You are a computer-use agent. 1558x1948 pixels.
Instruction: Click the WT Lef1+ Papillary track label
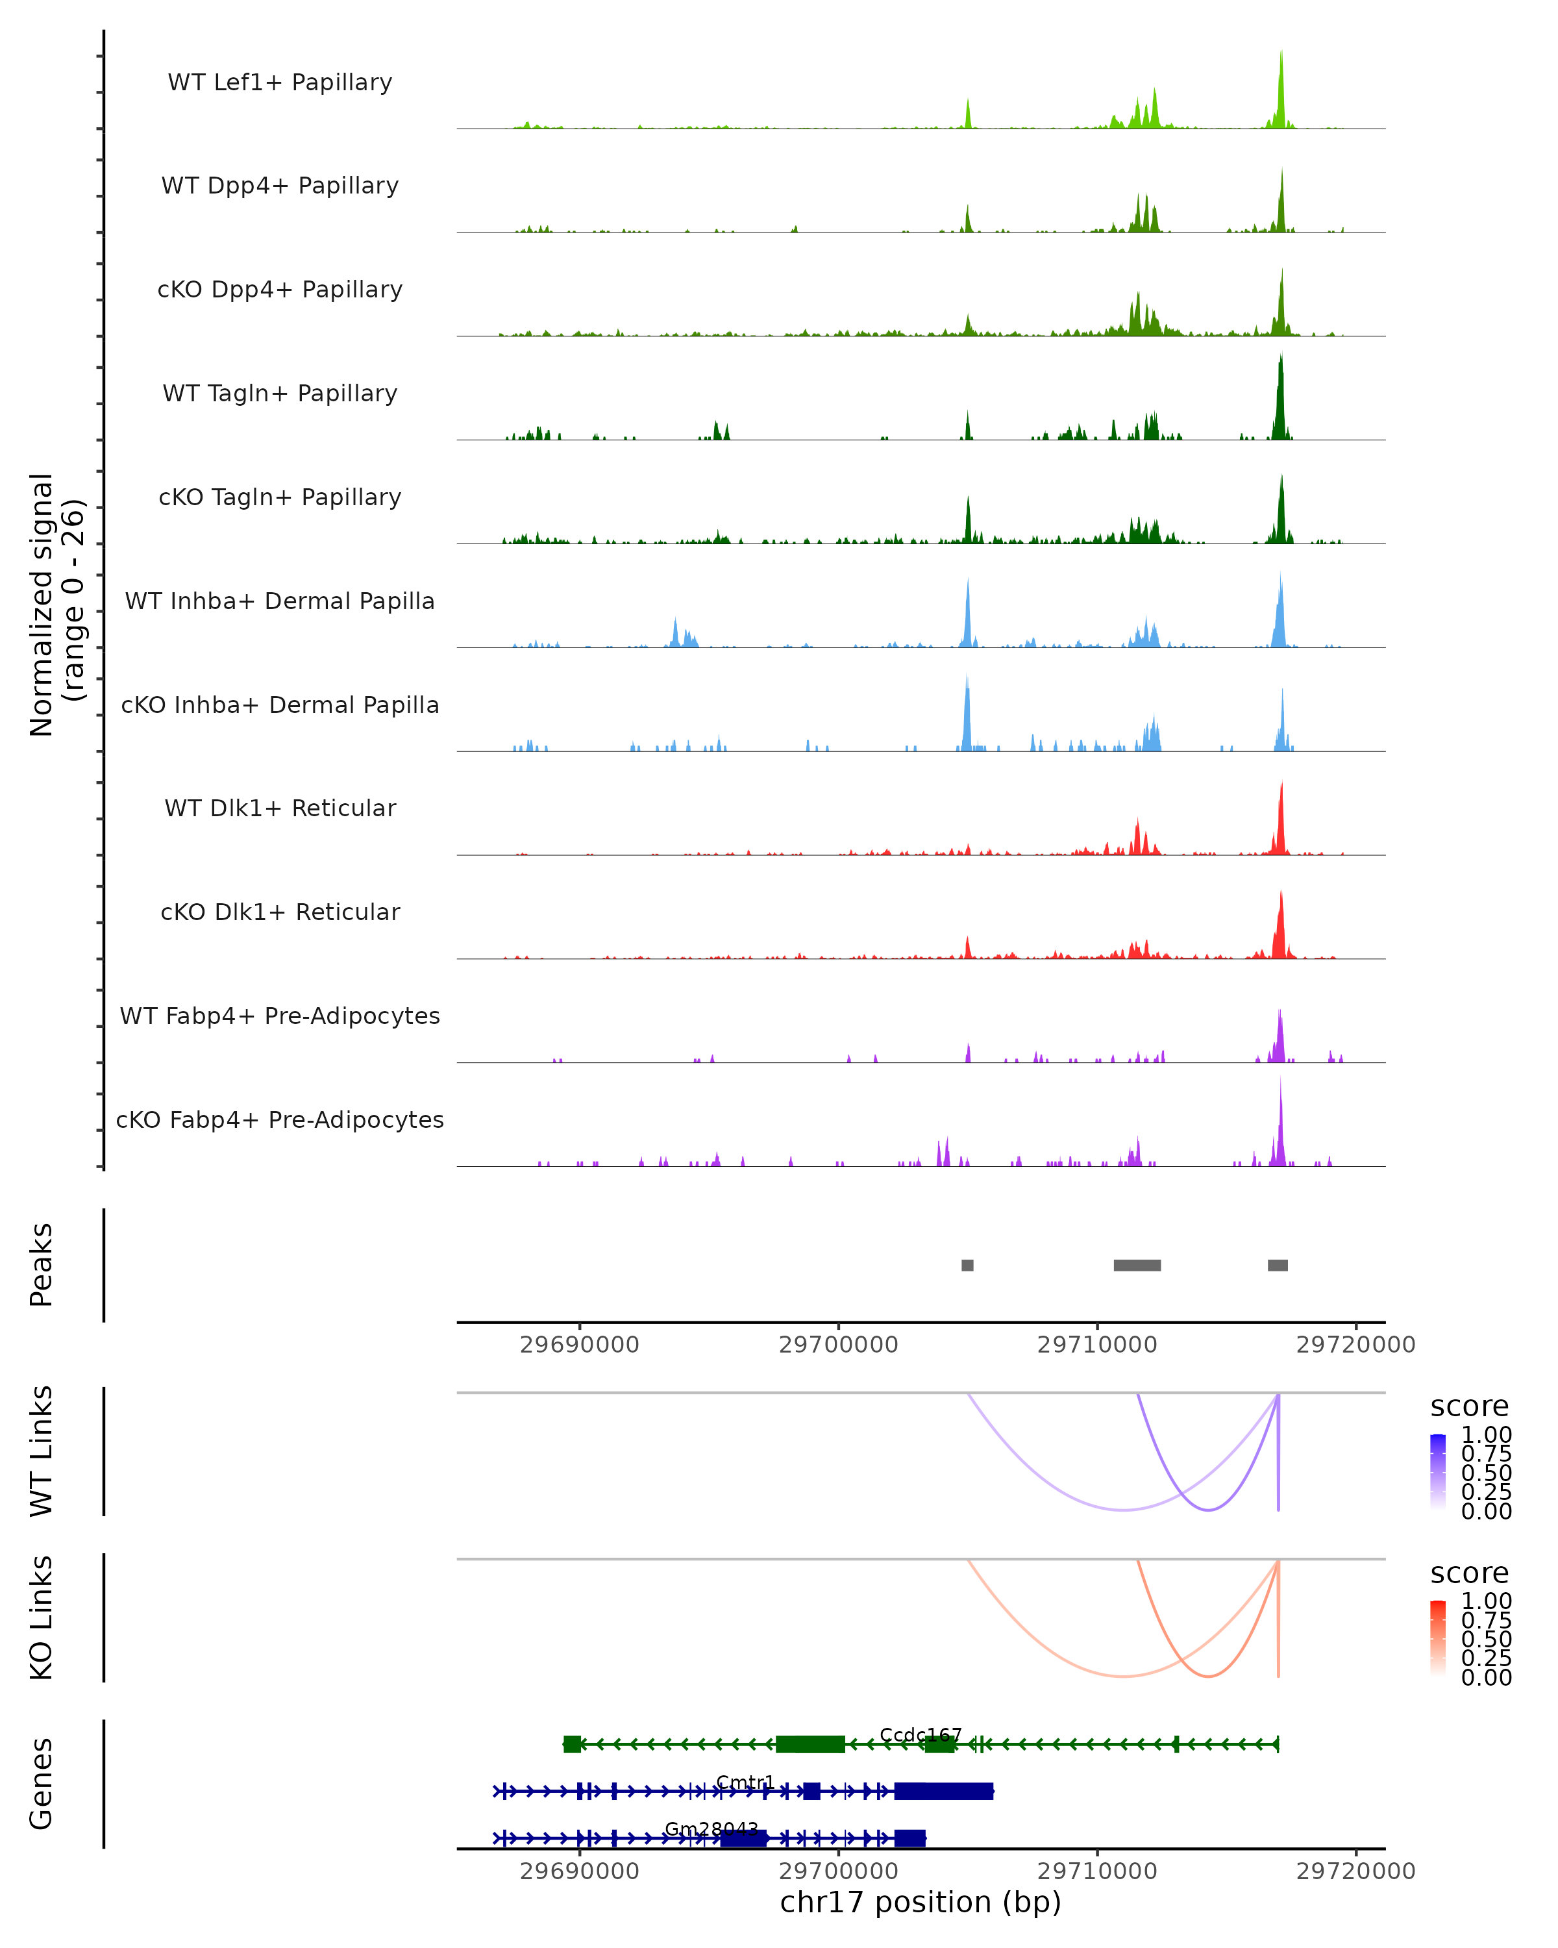[280, 82]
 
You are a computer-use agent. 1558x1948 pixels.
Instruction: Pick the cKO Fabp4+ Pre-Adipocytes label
[280, 1119]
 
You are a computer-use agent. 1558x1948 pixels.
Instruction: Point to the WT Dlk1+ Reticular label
[280, 808]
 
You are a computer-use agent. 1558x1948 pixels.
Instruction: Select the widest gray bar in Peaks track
[1137, 1265]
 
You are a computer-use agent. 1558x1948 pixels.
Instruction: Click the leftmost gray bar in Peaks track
[967, 1265]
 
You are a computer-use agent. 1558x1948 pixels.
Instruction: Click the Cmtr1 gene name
[745, 1782]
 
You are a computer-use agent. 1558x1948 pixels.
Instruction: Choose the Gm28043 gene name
[711, 1829]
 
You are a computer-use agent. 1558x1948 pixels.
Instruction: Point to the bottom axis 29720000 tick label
[1355, 1870]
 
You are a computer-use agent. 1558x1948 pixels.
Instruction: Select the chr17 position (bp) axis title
[921, 1902]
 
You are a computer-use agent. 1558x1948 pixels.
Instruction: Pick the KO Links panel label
[42, 1617]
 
